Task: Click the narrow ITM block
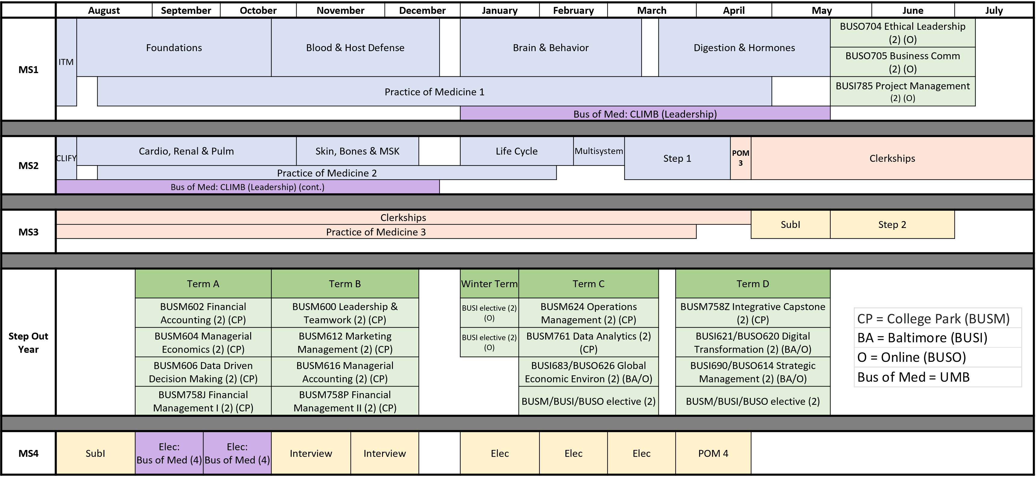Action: point(66,62)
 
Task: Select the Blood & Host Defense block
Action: point(355,48)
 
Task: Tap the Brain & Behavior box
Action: point(551,48)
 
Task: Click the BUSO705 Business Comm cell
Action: point(903,62)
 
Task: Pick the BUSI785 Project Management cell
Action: point(903,92)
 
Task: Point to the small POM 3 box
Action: point(740,158)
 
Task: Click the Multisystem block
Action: point(599,151)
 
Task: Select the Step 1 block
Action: point(677,158)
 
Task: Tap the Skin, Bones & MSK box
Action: point(357,151)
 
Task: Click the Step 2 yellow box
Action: point(892,225)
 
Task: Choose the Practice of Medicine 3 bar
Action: point(376,232)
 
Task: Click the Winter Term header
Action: point(489,284)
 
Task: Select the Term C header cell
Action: point(588,284)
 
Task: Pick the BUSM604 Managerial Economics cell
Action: point(203,342)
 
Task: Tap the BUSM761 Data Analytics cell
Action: point(588,342)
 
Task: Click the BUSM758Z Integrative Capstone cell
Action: point(752,313)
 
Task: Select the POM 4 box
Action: point(713,453)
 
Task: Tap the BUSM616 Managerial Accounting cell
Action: point(345,372)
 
